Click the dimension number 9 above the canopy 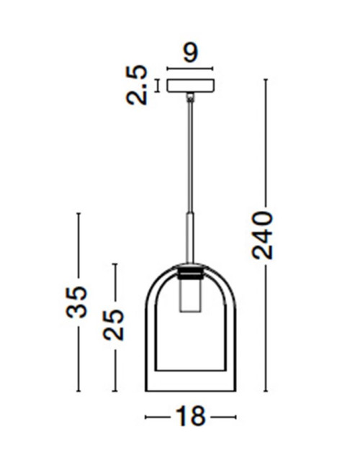coord(190,52)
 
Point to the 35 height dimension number coord(78,302)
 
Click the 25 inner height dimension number coord(114,324)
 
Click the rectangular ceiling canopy coord(190,86)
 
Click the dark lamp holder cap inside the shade coord(190,274)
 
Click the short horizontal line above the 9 coord(190,69)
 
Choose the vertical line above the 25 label coord(114,285)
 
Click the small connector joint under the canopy coord(190,96)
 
